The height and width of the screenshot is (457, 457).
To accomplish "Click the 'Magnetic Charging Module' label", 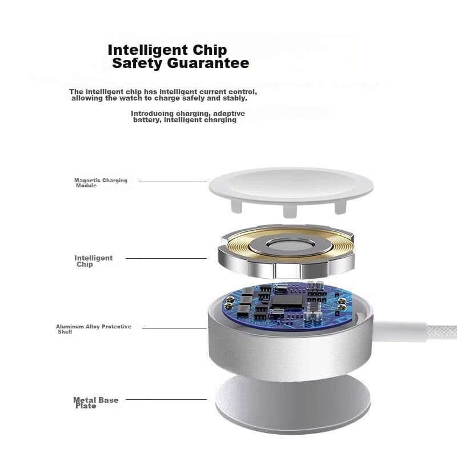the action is (x=101, y=183).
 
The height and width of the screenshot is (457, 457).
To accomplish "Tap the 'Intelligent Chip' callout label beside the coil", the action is (x=93, y=261).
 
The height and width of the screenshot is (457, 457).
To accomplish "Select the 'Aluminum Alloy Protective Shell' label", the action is (x=94, y=329).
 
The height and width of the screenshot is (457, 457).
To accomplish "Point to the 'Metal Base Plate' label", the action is (x=95, y=403).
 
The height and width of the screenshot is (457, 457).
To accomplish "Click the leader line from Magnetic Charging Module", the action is (x=173, y=182).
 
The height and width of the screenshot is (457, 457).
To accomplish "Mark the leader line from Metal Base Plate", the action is (x=166, y=399).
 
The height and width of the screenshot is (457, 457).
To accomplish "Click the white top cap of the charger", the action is (x=291, y=187).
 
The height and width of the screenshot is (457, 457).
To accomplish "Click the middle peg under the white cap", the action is (x=290, y=211).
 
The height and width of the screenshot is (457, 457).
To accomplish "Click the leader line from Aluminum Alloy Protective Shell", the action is (x=174, y=328).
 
